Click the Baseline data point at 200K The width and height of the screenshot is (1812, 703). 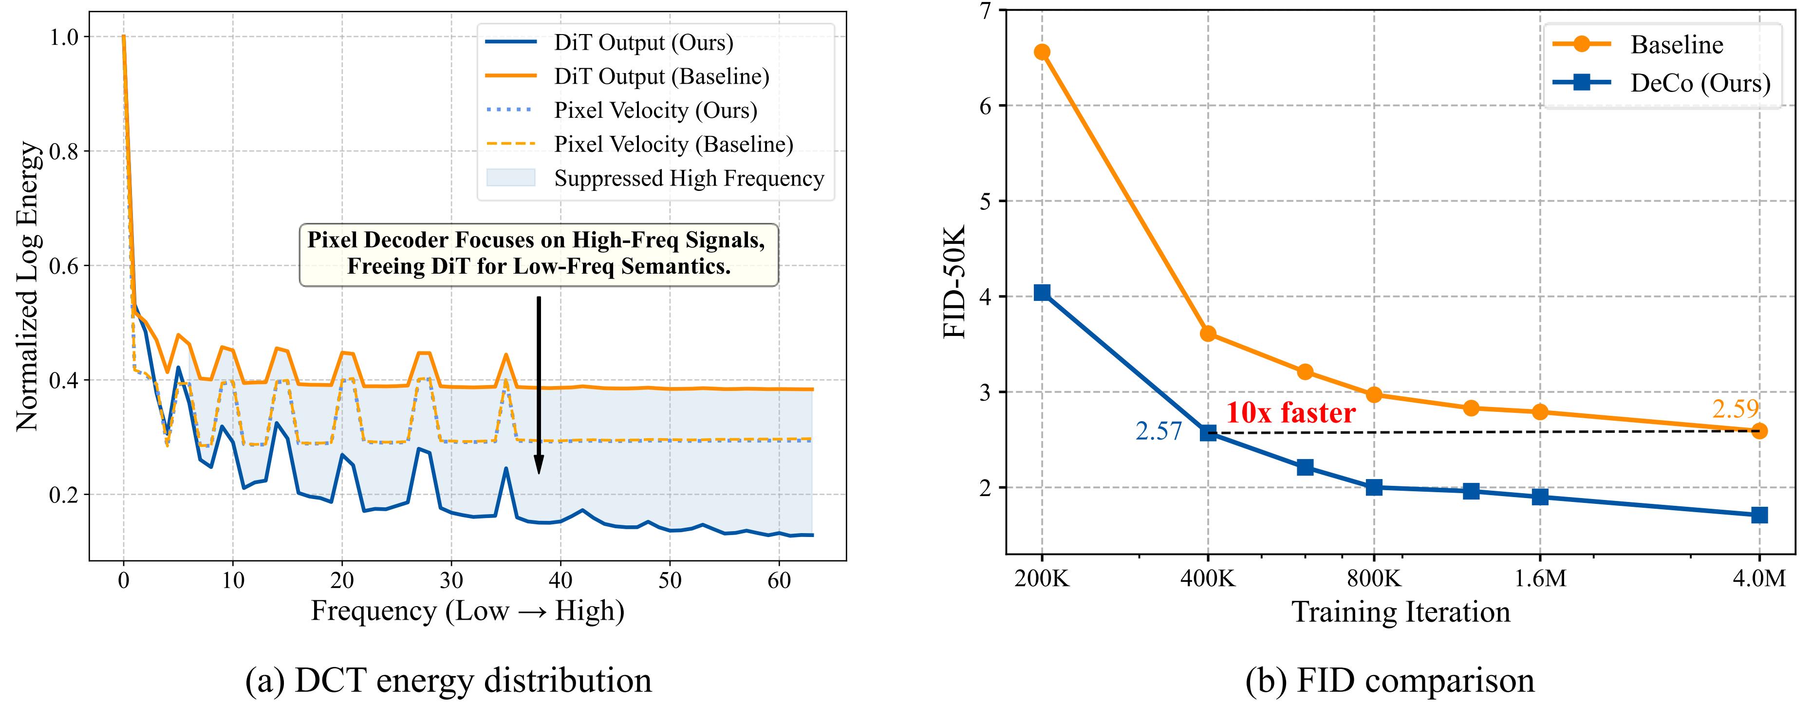click(1042, 52)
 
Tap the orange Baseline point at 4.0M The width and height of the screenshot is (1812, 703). click(1758, 431)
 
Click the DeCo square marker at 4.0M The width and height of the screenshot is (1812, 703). click(1758, 515)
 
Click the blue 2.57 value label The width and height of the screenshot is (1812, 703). click(1158, 431)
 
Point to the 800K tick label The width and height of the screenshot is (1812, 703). click(1374, 578)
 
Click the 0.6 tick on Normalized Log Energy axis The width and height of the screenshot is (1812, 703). click(63, 266)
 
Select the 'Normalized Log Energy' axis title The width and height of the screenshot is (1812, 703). click(28, 286)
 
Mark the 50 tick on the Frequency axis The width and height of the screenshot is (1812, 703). click(670, 581)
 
